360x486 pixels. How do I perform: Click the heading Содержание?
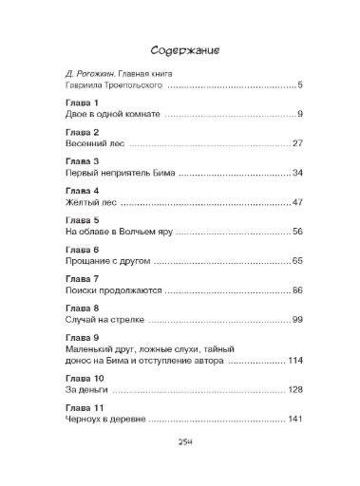click(x=180, y=49)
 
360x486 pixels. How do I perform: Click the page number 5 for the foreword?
click(x=299, y=85)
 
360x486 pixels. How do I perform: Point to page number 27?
click(x=296, y=144)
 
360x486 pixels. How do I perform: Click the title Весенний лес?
click(x=84, y=144)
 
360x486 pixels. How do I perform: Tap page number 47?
click(x=296, y=203)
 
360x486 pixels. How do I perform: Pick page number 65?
click(x=296, y=261)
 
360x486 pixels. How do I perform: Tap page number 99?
click(x=296, y=320)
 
